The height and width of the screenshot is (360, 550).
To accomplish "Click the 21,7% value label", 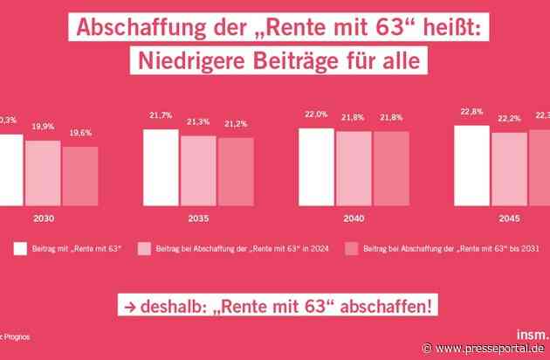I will pyautogui.click(x=162, y=117).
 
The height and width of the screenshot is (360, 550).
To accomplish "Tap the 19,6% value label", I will pyautogui.click(x=80, y=133).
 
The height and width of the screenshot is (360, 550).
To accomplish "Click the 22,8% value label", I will pyautogui.click(x=471, y=111).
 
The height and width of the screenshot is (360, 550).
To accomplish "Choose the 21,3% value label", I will pyautogui.click(x=199, y=121).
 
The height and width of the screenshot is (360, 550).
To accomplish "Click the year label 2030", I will pyautogui.click(x=44, y=218).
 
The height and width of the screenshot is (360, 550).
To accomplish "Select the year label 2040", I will pyautogui.click(x=354, y=218).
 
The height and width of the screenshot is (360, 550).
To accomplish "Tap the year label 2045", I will pyautogui.click(x=509, y=218).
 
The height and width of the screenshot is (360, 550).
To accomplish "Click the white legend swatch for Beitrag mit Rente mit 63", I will pyautogui.click(x=20, y=248).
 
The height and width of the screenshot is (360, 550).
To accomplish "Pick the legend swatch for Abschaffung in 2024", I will pyautogui.click(x=145, y=248).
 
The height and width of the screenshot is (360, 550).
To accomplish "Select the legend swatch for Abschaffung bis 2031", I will pyautogui.click(x=353, y=248).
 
